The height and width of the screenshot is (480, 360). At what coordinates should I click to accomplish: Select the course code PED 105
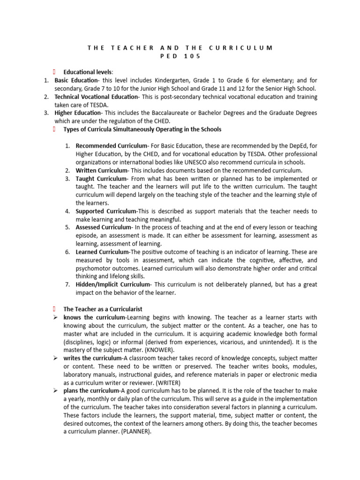(180, 56)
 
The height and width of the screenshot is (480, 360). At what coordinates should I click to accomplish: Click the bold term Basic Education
(77, 81)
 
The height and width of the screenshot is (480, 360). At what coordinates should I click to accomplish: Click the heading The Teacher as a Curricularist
(103, 309)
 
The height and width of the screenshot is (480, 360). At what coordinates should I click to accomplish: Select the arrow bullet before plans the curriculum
(55, 391)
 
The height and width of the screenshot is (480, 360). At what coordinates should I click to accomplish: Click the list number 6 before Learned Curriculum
(67, 252)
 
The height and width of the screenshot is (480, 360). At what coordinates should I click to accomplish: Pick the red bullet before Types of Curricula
(54, 129)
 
